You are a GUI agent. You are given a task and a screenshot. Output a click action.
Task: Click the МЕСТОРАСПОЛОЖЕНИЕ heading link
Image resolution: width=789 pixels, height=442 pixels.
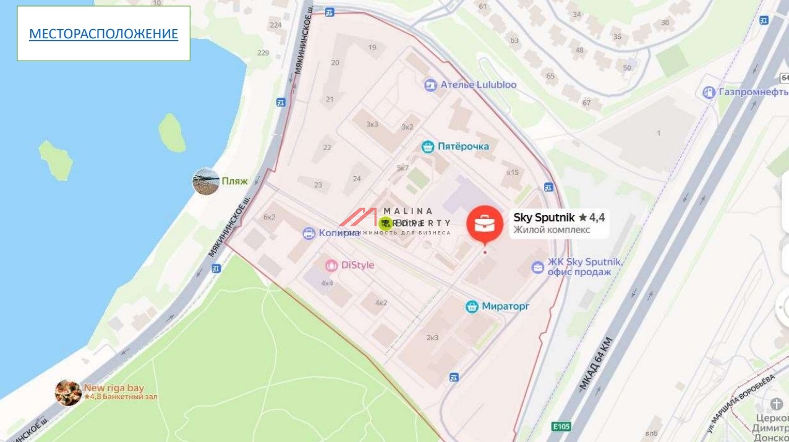pyautogui.click(x=103, y=34)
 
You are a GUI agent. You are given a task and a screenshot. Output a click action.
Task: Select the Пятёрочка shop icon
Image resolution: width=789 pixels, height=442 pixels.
pyautogui.click(x=427, y=147)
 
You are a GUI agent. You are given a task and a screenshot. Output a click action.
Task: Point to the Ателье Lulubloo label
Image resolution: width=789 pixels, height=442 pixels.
pyautogui.click(x=478, y=85)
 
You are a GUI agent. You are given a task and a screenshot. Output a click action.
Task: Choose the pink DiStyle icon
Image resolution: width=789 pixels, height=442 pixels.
pyautogui.click(x=332, y=265)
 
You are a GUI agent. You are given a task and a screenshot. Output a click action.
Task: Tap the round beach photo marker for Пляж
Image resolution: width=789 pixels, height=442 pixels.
pyautogui.click(x=206, y=182)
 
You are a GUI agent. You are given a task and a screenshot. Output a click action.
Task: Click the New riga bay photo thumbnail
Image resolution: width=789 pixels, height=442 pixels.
pyautogui.click(x=68, y=393)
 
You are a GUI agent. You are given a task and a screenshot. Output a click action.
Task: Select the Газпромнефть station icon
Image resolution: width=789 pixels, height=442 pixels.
pyautogui.click(x=709, y=93)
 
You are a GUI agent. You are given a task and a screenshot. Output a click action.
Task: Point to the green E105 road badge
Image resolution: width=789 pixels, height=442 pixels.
pyautogui.click(x=561, y=426)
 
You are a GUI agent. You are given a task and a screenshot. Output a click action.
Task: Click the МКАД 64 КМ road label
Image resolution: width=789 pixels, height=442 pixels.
pyautogui.click(x=595, y=365)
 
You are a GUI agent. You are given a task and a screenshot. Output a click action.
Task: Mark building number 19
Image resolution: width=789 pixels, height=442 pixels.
pyautogui.click(x=372, y=48)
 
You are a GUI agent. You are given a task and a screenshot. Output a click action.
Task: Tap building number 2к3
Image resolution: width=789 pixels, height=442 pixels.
pyautogui.click(x=432, y=338)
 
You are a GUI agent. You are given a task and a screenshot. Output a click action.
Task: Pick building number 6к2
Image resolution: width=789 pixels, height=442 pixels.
pyautogui.click(x=269, y=217)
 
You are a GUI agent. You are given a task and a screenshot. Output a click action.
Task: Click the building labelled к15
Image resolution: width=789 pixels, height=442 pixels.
pyautogui.click(x=512, y=172)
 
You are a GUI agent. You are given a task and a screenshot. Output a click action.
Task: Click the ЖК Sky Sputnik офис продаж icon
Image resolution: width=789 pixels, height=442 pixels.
pyautogui.click(x=538, y=268)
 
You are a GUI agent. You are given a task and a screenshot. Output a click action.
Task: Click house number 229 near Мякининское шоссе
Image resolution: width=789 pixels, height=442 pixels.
pyautogui.click(x=263, y=53)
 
